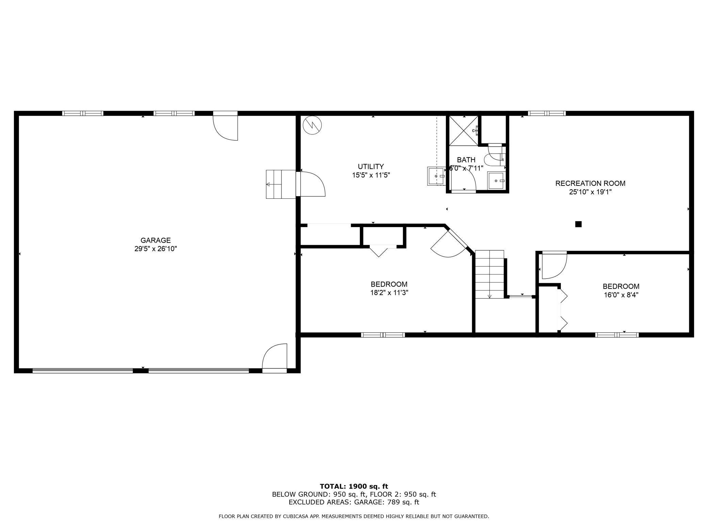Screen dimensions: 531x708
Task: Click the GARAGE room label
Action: pos(156,240)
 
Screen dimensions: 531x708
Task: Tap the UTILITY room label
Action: pos(371,166)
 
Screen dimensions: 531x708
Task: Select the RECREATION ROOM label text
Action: pos(590,183)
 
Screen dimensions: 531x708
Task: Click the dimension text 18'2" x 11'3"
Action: pos(389,292)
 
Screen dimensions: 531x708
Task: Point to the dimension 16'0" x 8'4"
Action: pos(621,295)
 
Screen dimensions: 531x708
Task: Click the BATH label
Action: pos(466,160)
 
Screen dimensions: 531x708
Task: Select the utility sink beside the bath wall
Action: pos(436,176)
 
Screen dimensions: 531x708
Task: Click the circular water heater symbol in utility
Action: pos(312,125)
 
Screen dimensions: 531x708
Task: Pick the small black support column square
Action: pos(578,224)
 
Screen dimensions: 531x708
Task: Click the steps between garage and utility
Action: pos(280,184)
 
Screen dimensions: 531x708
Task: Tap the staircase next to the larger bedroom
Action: pos(489,274)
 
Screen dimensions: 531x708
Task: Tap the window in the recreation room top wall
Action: pos(547,113)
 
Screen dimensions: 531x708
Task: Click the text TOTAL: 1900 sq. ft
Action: pos(354,486)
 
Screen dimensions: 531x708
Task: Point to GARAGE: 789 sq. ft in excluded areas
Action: pos(387,502)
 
